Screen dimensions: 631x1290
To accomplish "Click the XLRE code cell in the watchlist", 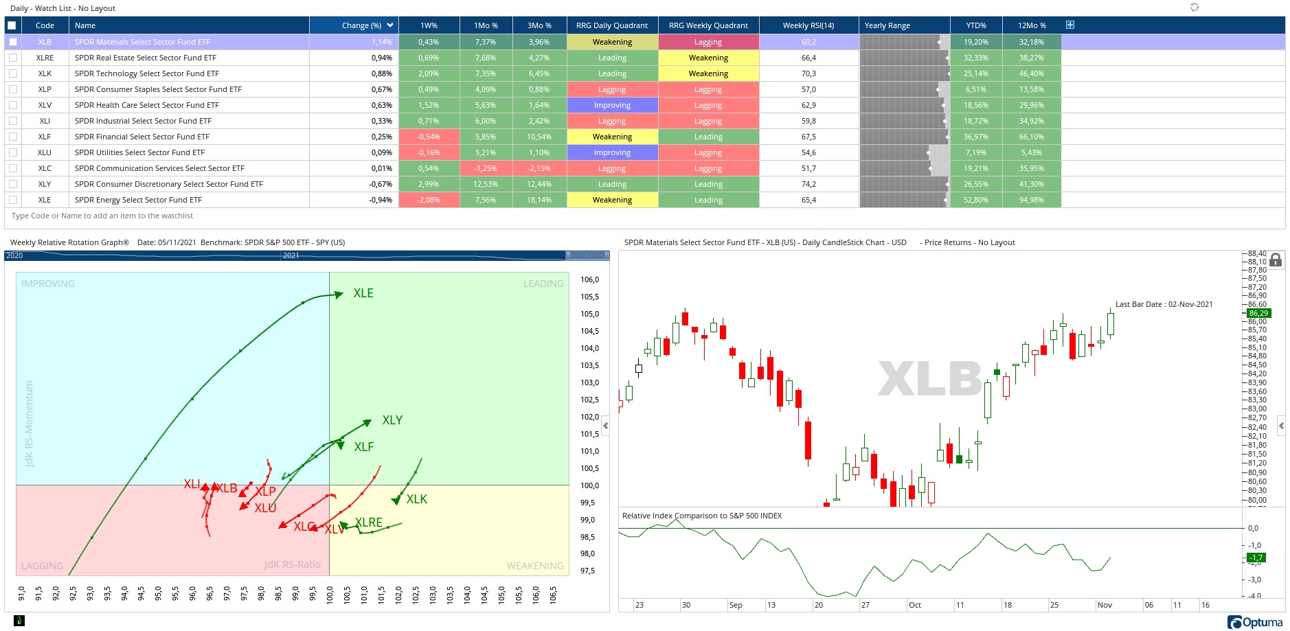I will click(45, 58).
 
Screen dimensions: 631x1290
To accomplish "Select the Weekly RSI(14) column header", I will click(808, 25).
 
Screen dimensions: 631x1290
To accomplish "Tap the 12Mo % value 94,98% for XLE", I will click(1031, 200).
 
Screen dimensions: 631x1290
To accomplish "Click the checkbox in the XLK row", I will click(13, 73).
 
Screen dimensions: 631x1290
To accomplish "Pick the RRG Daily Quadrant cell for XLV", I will click(612, 105).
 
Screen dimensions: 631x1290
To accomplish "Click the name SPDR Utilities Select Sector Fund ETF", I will click(139, 152).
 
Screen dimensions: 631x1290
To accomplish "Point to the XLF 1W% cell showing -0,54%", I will click(429, 137).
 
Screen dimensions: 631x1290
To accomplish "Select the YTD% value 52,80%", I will click(975, 200).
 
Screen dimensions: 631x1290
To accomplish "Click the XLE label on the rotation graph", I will click(363, 293).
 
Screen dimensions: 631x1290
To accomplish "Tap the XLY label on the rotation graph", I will click(392, 420).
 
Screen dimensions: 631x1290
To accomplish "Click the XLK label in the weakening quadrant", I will click(416, 499).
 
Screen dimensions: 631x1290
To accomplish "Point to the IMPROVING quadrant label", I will click(48, 284).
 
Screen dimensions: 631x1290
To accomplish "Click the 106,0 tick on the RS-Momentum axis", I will click(589, 279).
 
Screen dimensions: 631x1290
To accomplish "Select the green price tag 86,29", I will click(1258, 313).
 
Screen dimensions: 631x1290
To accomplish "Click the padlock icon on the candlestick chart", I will click(1276, 260).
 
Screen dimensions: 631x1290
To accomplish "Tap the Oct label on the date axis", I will click(915, 605).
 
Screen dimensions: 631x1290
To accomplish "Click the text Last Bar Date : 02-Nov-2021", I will click(1164, 304).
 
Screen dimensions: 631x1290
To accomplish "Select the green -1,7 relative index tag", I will click(1256, 558).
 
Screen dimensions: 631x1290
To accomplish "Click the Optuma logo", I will click(1255, 622).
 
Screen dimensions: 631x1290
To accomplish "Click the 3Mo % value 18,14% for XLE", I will click(539, 200).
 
